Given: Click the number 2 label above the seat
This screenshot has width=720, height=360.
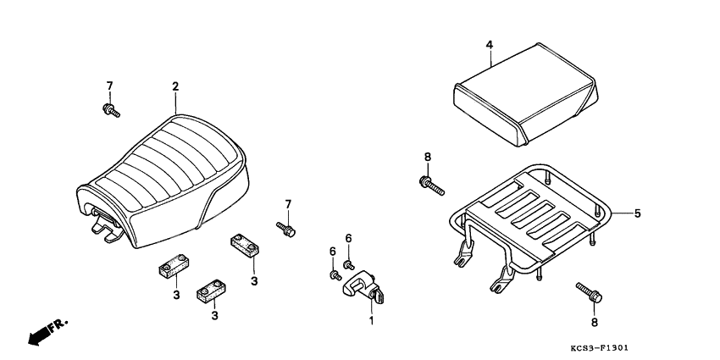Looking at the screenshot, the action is click(175, 86).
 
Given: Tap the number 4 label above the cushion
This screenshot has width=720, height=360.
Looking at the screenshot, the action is click(490, 45).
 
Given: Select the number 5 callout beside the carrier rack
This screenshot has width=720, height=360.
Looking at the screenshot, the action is click(637, 213).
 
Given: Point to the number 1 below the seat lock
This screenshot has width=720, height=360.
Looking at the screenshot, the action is click(371, 320).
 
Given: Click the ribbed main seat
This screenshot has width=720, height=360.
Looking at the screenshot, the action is click(165, 179).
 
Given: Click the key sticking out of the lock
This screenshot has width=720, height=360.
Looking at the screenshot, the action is click(379, 296).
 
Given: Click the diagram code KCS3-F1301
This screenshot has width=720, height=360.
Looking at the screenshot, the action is click(599, 348).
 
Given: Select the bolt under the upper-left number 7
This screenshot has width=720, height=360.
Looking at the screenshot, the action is click(111, 110).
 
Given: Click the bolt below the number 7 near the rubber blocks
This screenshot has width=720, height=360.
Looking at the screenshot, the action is click(285, 229).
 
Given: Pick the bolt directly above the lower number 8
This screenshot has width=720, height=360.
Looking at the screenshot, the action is click(590, 292).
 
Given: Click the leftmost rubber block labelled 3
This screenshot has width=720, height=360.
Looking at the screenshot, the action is click(174, 266).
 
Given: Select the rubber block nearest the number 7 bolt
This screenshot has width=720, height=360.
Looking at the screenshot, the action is click(244, 245).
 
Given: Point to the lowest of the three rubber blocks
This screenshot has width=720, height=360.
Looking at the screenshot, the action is click(212, 292).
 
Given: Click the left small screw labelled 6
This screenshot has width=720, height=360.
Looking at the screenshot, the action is click(335, 275).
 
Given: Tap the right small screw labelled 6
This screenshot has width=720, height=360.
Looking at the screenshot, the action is click(348, 265).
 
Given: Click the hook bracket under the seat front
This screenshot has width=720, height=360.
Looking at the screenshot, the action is click(107, 225).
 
